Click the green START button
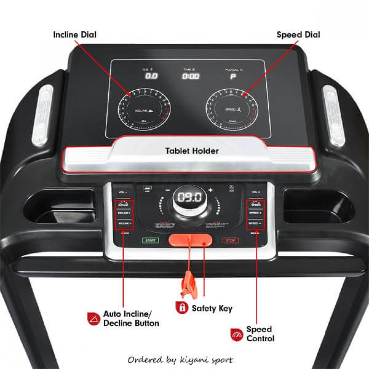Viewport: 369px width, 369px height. pyautogui.click(x=151, y=240)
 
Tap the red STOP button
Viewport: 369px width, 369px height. pyautogui.click(x=230, y=241)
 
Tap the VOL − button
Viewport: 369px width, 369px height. pyautogui.click(x=123, y=192)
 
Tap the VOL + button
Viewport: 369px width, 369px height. pyautogui.click(x=256, y=192)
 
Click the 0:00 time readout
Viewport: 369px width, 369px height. pyautogui.click(x=190, y=76)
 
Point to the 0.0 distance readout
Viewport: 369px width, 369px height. pyautogui.click(x=151, y=76)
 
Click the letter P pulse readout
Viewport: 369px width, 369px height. pyautogui.click(x=233, y=77)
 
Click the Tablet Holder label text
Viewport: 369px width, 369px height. pyautogui.click(x=192, y=151)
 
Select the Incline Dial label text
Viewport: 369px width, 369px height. pyautogui.click(x=75, y=35)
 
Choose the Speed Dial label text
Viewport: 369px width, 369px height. pyautogui.click(x=298, y=35)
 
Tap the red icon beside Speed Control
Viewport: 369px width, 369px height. pyautogui.click(x=236, y=334)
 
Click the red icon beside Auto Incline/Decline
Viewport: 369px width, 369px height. pyautogui.click(x=93, y=318)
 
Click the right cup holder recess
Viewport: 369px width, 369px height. pyautogui.click(x=318, y=205)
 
